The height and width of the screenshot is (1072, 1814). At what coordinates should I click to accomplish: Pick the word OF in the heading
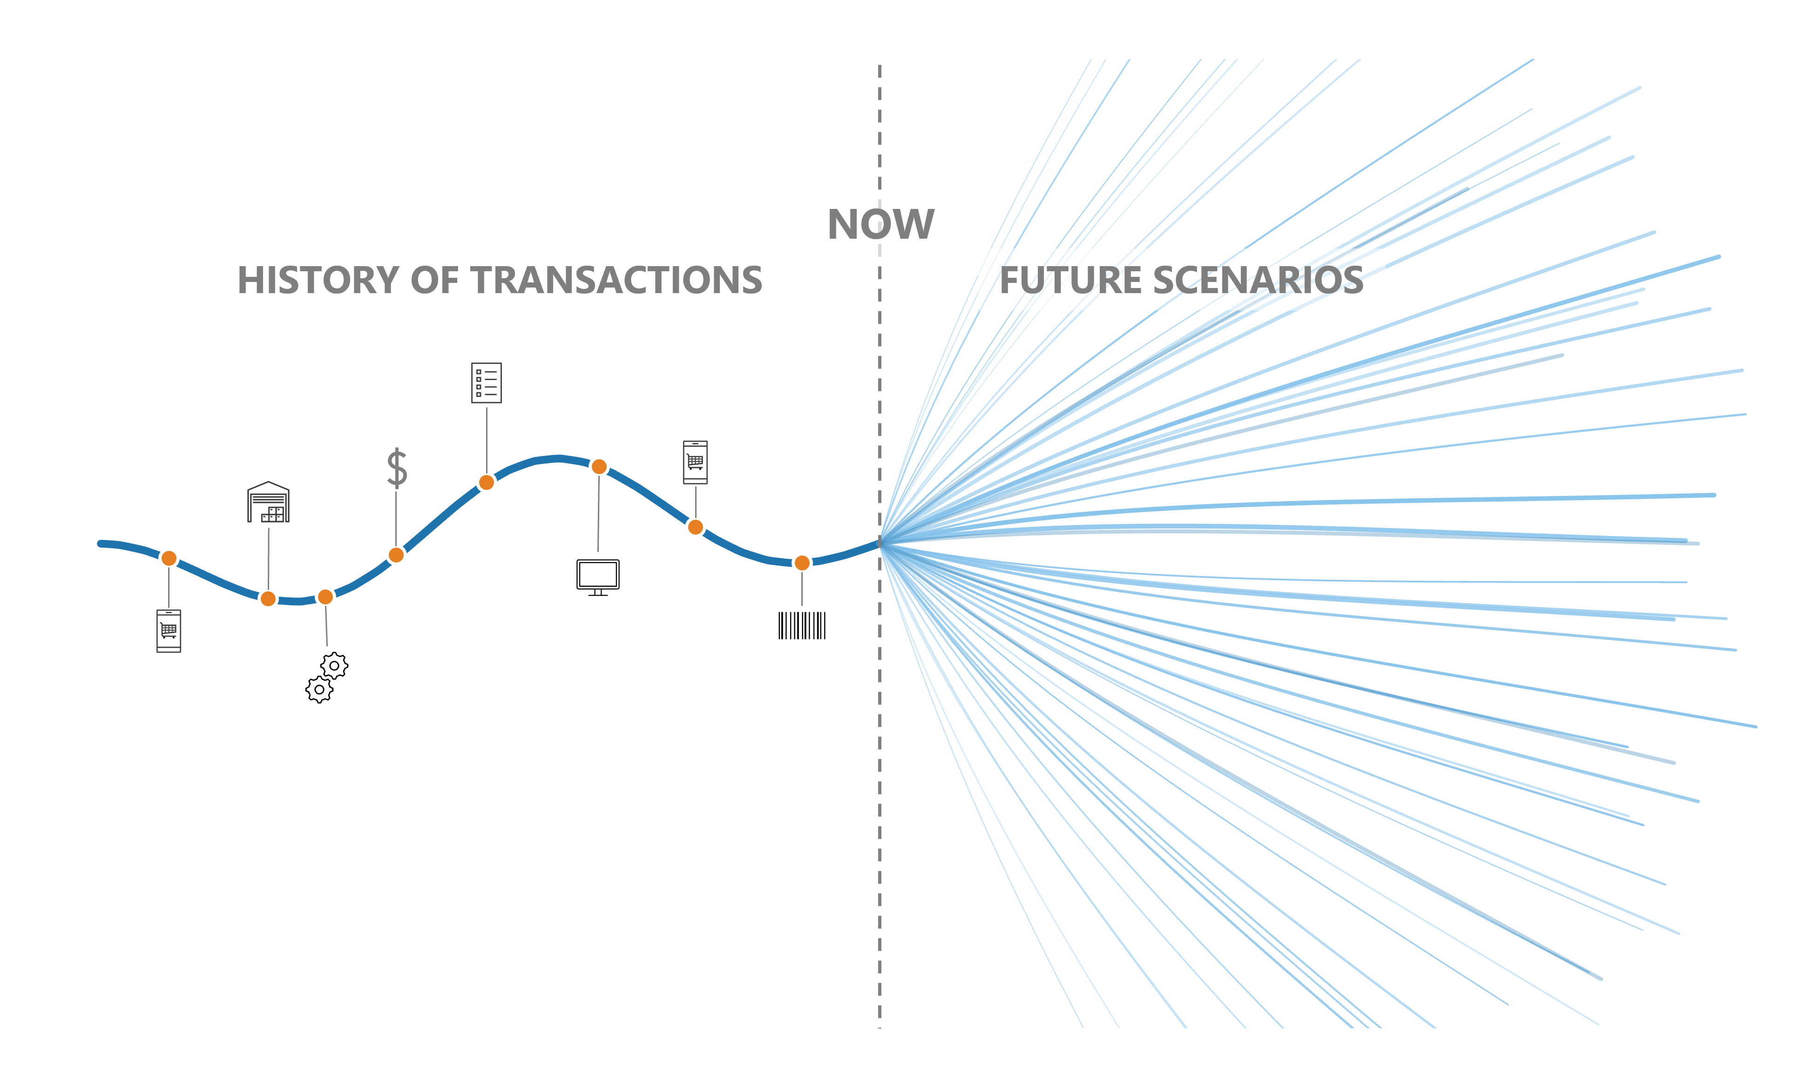434,280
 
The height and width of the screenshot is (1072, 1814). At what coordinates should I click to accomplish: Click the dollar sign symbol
397,468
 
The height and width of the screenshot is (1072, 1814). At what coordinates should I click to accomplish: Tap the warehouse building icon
268,502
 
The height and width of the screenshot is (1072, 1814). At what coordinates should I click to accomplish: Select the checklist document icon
487,383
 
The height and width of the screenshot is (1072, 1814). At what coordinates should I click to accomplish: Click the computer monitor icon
598,577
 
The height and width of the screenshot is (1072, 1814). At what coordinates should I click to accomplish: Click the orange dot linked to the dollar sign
396,555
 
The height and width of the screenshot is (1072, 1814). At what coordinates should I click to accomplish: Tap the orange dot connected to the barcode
802,563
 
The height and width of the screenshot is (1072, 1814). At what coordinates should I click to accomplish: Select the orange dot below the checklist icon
487,482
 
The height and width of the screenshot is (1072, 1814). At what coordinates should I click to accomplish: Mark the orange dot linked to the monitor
599,467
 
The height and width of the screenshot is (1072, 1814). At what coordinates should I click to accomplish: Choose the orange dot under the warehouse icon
268,598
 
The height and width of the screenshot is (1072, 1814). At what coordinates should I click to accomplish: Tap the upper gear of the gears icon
334,665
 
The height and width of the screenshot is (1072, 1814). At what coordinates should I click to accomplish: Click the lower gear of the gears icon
319,689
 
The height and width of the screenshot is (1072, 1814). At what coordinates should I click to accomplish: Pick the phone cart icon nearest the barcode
695,462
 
